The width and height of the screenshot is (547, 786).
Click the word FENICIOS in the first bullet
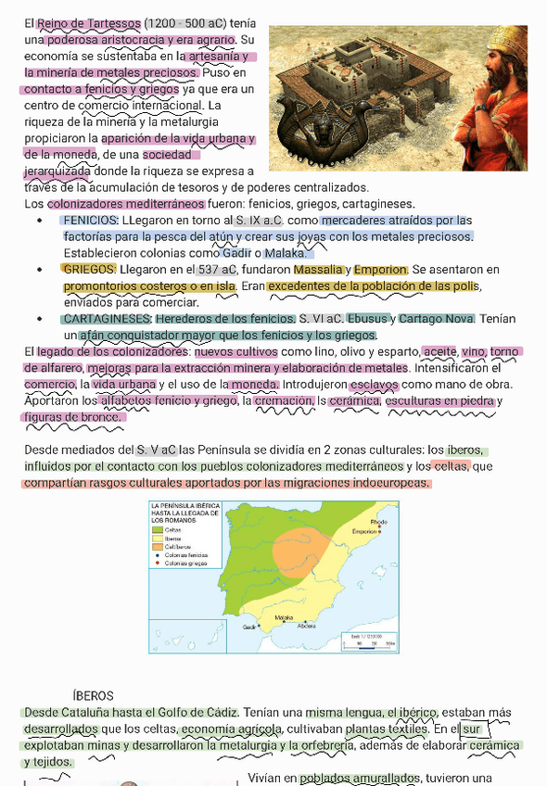click(x=90, y=221)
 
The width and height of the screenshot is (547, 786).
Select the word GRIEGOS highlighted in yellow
click(x=89, y=269)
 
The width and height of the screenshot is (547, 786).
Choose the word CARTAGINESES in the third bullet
click(x=107, y=319)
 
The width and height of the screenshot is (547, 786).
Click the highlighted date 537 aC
click(x=218, y=270)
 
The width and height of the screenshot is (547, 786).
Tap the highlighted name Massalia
click(x=317, y=270)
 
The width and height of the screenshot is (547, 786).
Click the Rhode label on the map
click(x=378, y=523)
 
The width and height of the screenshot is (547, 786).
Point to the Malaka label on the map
click(x=284, y=616)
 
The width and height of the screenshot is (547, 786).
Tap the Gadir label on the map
click(x=248, y=627)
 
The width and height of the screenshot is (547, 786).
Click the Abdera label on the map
click(x=306, y=625)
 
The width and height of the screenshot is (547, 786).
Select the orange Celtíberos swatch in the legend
click(x=158, y=546)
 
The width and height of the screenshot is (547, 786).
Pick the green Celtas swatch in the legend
click(x=158, y=529)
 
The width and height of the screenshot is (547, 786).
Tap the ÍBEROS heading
click(x=93, y=695)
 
